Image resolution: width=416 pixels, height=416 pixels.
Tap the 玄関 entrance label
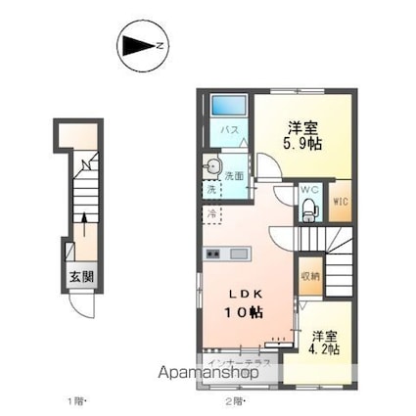tap(81, 275)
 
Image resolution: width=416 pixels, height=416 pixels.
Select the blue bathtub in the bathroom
tap(225, 106)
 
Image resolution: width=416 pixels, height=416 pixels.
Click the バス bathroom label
tap(224, 130)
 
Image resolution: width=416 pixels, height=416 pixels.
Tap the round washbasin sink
tap(213, 166)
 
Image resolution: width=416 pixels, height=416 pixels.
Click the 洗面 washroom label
tap(233, 176)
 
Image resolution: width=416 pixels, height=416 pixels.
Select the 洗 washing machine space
tap(211, 189)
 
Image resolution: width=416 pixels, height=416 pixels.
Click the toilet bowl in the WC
tap(309, 207)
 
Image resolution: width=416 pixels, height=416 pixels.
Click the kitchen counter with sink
tap(227, 254)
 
